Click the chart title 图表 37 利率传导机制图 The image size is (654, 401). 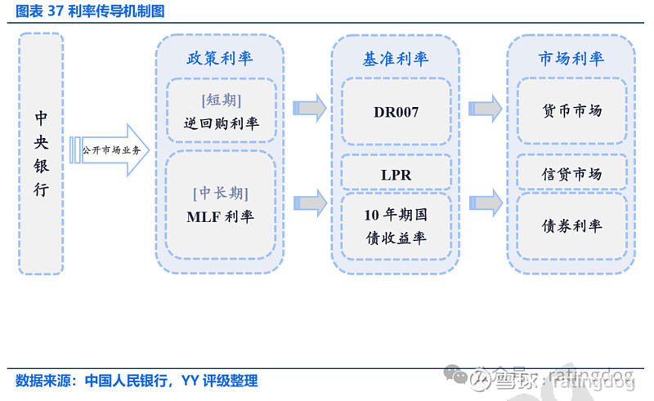(86, 11)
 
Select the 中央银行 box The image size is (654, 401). (41, 154)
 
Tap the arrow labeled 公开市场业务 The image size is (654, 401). (110, 150)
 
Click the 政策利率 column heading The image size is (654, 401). (220, 58)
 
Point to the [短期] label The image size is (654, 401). (220, 100)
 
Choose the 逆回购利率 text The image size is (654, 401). (220, 124)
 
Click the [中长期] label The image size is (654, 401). (220, 194)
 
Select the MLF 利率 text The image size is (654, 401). (220, 217)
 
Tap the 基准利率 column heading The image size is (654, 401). (396, 58)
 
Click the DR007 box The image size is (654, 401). (396, 112)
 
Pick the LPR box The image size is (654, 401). (396, 174)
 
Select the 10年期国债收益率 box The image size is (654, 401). (396, 226)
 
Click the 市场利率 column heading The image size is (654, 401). (571, 58)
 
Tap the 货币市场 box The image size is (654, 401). (571, 111)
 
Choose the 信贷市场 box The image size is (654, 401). (571, 174)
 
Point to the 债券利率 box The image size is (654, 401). (571, 226)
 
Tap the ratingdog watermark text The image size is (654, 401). (589, 377)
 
